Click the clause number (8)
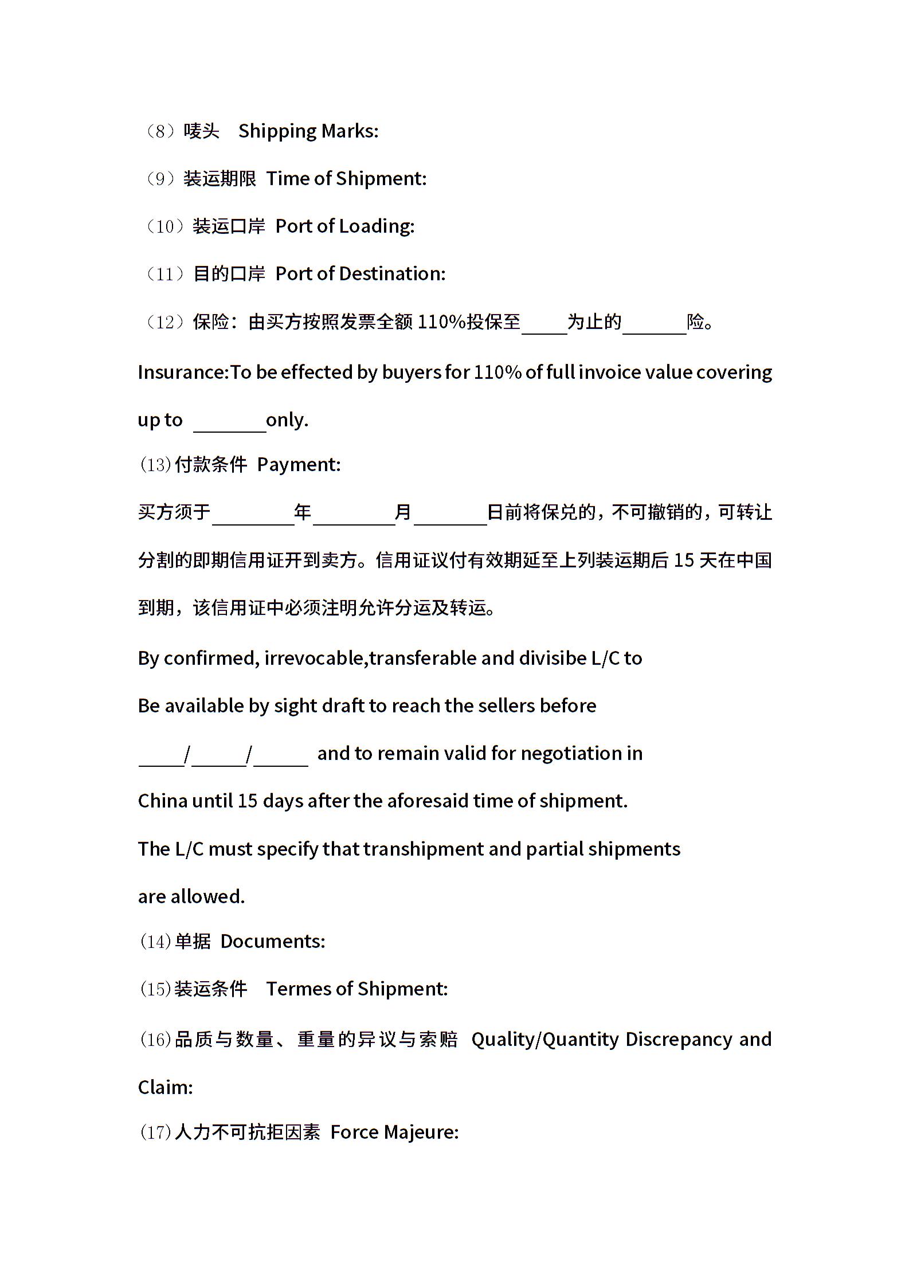[x=156, y=132]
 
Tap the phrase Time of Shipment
[x=346, y=179]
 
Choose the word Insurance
[x=183, y=373]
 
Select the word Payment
[x=298, y=465]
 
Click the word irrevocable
[x=315, y=658]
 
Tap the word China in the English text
[x=162, y=801]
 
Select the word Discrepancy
[x=679, y=1040]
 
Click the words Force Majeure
[x=394, y=1132]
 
